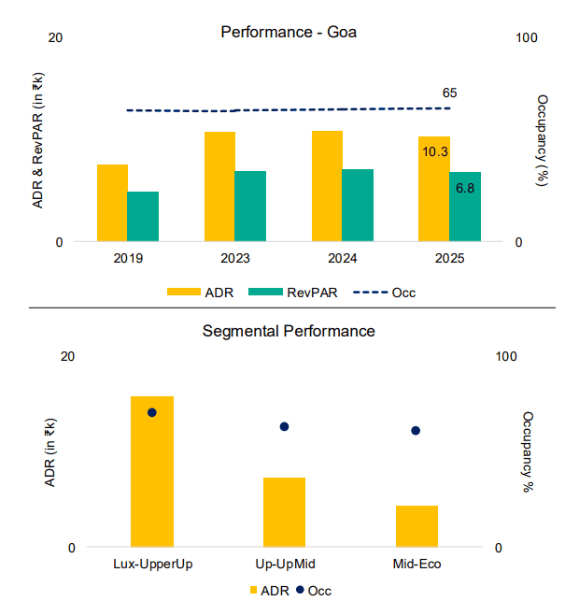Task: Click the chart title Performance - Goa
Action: (289, 32)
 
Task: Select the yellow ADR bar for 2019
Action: (112, 203)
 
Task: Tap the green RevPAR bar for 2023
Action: (250, 206)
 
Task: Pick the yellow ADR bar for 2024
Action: (327, 186)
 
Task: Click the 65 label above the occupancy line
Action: (449, 93)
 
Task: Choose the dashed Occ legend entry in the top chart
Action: (384, 293)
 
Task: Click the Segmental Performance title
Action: (289, 331)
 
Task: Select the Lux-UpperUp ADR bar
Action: (152, 471)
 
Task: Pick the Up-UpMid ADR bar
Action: (284, 512)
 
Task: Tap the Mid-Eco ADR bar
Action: (417, 526)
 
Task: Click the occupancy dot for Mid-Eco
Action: (417, 431)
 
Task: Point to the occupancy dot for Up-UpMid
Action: (284, 426)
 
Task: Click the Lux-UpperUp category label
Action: (152, 564)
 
